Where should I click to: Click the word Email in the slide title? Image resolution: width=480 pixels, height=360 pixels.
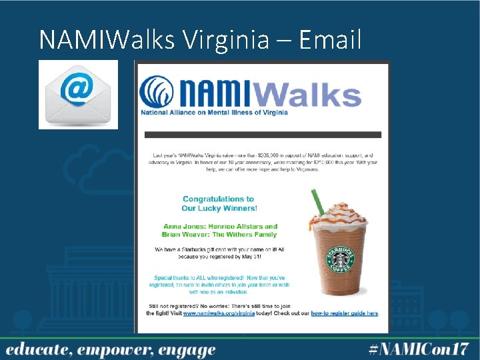click(330, 40)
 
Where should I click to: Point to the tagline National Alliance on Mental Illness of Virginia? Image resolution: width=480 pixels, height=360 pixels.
click(214, 113)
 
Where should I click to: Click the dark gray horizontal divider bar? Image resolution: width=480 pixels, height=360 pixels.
click(263, 135)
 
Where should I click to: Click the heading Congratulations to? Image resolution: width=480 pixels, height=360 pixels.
click(218, 199)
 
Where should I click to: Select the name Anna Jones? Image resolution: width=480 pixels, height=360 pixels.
click(185, 227)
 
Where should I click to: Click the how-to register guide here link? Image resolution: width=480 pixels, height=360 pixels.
click(345, 313)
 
